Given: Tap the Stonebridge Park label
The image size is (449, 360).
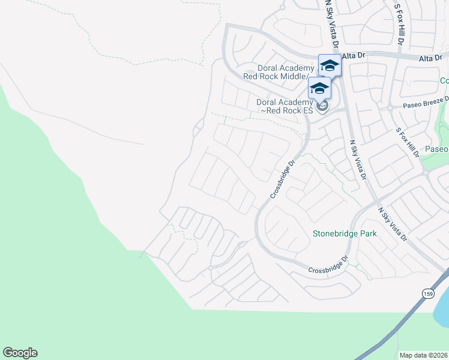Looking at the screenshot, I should coord(345,233).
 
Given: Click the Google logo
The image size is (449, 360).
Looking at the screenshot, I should coord(20,353).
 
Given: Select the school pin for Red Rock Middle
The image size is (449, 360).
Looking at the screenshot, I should coord(330,65).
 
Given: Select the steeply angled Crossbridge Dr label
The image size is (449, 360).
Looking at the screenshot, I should coord(283,179).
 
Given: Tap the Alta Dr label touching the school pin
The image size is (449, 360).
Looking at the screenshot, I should coord(353,55).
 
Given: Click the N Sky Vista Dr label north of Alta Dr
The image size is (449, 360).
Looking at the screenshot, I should coord(332,25).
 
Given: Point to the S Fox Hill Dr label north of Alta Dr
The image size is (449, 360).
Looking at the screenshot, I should coord(398,25).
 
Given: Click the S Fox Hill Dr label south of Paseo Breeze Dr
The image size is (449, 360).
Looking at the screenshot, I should coord(406,142).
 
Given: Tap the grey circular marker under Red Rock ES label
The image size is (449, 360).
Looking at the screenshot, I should coord(322,107).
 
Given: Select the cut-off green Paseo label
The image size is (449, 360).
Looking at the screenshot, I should coord(436,149).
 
